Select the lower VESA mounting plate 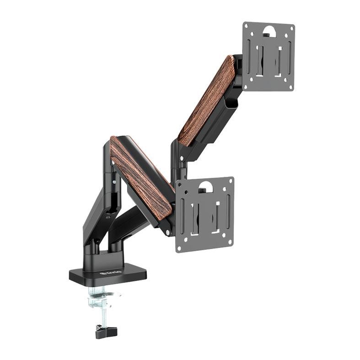(205, 214)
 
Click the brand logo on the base (107, 274)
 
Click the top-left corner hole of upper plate (247, 27)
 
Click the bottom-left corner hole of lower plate (180, 247)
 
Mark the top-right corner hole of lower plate (229, 182)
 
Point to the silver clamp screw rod (102, 311)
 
